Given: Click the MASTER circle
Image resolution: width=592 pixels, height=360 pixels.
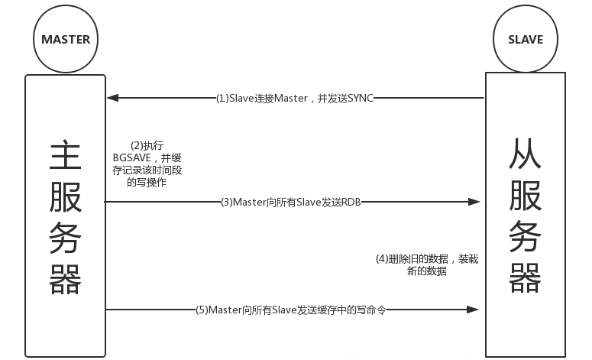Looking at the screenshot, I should click(66, 38).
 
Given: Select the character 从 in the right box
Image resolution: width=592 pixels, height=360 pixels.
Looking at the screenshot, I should click(525, 156).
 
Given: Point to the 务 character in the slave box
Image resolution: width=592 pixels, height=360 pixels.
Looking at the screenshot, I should click(525, 235).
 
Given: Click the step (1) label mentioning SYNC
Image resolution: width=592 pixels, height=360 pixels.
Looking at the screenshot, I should click(295, 98).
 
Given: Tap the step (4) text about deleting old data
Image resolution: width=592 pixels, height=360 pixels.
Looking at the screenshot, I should click(427, 264).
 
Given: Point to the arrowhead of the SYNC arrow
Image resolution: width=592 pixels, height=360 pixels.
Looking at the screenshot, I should click(112, 98).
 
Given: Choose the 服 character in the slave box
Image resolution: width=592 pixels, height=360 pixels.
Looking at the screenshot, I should click(525, 196).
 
